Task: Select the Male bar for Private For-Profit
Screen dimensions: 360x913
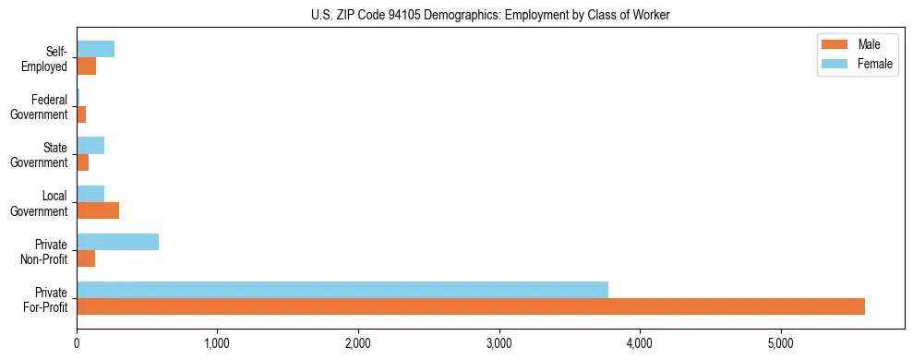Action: (x=471, y=306)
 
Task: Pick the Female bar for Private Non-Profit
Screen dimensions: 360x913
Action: (x=118, y=242)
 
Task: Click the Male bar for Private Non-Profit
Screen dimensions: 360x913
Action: (x=86, y=258)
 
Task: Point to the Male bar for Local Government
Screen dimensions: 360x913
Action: (x=98, y=210)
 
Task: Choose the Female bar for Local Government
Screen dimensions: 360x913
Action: (x=90, y=194)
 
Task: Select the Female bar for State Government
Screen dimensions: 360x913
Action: (x=90, y=146)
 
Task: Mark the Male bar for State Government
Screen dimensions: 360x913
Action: (x=83, y=162)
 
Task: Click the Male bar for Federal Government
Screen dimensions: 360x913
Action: (x=81, y=114)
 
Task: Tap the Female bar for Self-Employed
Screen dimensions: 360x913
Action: (x=96, y=49)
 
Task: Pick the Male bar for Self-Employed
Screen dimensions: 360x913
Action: (x=87, y=66)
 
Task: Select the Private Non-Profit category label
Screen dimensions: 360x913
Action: (x=44, y=251)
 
